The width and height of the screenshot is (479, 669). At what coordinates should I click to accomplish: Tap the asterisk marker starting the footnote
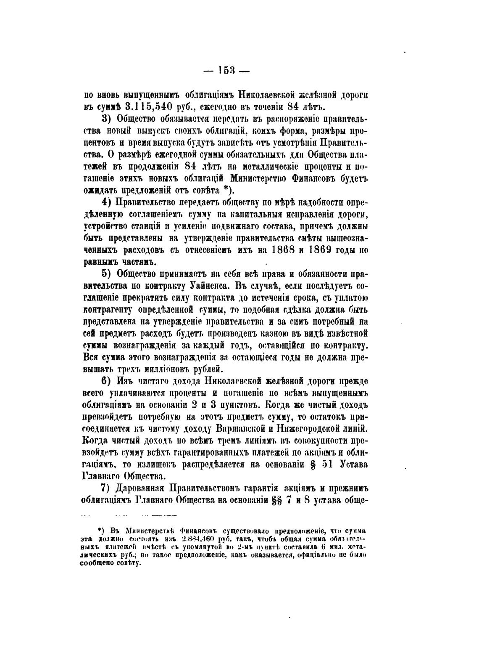pos(100,531)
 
